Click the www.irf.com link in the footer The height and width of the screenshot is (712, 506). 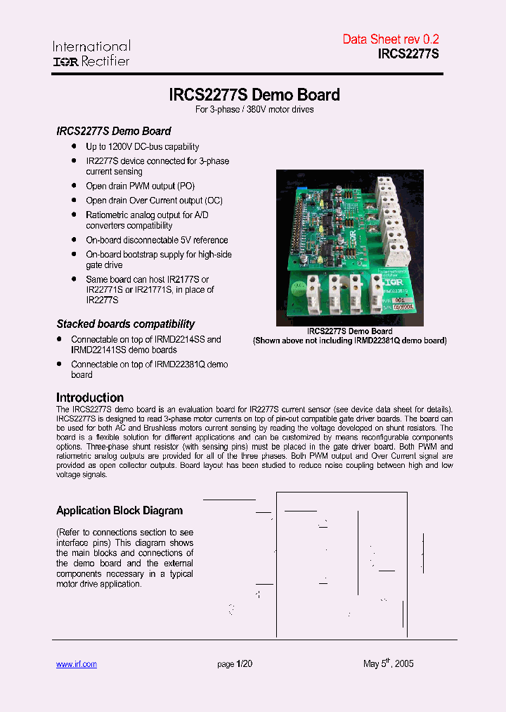click(76, 664)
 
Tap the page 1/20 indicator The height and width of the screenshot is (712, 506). click(235, 664)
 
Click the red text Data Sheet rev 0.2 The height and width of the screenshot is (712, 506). click(390, 39)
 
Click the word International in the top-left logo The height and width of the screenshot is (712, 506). click(91, 46)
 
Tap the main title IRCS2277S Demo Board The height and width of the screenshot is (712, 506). click(254, 94)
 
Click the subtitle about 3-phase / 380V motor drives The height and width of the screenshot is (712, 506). click(254, 110)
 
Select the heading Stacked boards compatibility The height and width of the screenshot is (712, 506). click(126, 324)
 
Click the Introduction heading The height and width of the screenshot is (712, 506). click(90, 397)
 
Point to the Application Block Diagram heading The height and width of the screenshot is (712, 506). click(119, 511)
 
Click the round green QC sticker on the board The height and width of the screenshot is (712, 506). click(300, 286)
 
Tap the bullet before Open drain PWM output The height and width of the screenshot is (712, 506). click(74, 186)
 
